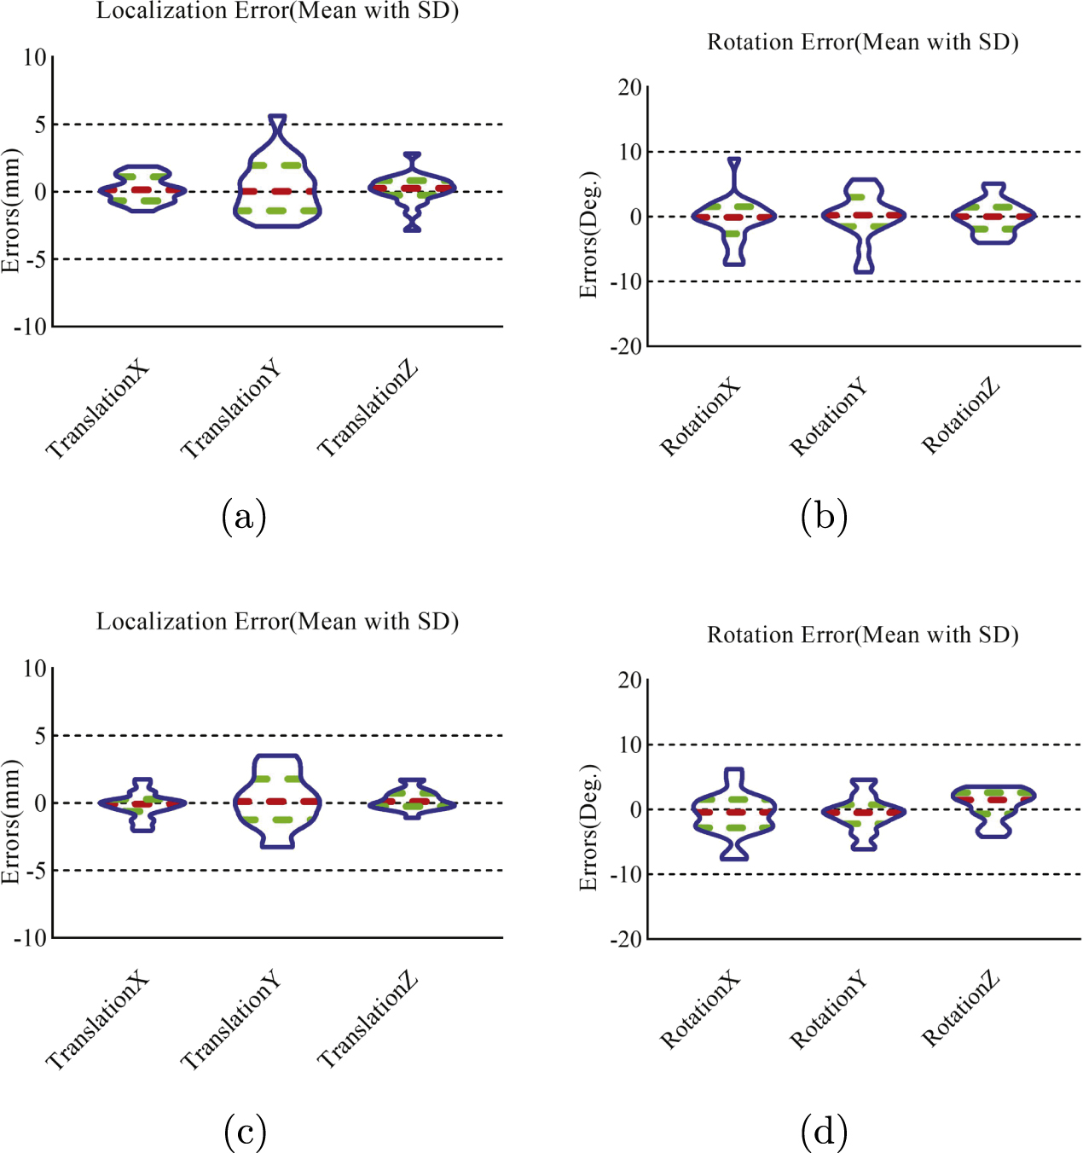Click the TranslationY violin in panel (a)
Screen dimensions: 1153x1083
[x=277, y=183]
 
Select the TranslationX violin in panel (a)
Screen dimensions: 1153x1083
[x=142, y=188]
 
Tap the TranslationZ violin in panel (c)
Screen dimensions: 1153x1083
[x=413, y=800]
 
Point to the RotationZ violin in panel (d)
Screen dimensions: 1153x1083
[x=993, y=806]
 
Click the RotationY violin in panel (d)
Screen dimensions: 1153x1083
[x=864, y=813]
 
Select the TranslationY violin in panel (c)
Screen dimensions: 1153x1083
[x=277, y=801]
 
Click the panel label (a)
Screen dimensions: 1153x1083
[x=244, y=516]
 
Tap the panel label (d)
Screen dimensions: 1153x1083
[x=824, y=1132]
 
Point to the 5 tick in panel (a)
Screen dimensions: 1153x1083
[x=40, y=125]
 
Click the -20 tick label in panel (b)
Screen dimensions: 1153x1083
[x=626, y=346]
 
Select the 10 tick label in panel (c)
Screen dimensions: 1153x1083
[x=34, y=669]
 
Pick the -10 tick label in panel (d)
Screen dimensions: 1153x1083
[x=626, y=874]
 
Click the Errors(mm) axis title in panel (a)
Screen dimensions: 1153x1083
[x=11, y=211]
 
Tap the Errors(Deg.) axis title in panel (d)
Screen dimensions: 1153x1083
[x=588, y=827]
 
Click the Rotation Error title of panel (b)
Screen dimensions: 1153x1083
[x=862, y=42]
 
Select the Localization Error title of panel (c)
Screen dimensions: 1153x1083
[x=277, y=622]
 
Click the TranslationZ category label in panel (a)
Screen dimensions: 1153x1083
[x=368, y=408]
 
